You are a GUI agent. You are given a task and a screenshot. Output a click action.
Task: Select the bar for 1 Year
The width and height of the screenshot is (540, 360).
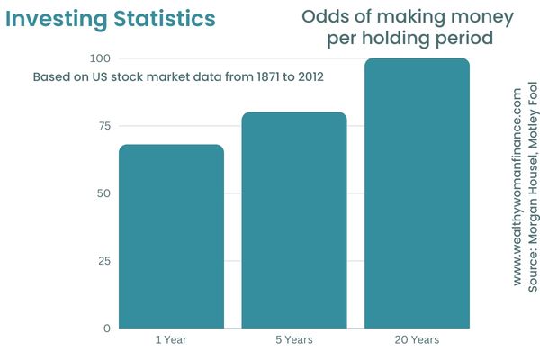(x=172, y=237)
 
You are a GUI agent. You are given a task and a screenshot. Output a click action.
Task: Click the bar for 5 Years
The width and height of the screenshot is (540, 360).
(x=294, y=220)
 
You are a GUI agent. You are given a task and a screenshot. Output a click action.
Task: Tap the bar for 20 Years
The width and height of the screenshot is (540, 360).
(x=417, y=193)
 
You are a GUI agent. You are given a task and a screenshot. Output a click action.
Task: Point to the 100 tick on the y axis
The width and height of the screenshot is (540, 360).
(x=100, y=58)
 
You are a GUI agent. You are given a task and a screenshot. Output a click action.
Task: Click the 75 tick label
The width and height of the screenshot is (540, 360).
(x=104, y=126)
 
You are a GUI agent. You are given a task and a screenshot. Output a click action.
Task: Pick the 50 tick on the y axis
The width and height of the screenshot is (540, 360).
(x=103, y=193)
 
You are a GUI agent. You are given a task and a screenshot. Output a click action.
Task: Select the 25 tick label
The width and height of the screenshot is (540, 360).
(x=104, y=261)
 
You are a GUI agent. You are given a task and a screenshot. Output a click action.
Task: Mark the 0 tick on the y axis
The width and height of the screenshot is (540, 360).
(x=107, y=328)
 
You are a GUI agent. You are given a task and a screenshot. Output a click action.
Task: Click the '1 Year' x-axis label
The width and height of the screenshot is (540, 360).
(x=171, y=340)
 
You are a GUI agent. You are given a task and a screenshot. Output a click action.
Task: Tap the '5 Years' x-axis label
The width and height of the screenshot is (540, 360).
(x=294, y=340)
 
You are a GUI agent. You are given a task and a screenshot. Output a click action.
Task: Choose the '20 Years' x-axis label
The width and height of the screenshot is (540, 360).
(x=417, y=340)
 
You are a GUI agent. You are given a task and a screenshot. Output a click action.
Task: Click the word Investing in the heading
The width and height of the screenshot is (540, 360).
(x=57, y=19)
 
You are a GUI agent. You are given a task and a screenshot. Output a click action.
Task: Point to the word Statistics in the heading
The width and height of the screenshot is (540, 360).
(x=165, y=19)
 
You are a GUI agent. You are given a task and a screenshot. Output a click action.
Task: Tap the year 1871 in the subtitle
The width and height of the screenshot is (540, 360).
(x=268, y=76)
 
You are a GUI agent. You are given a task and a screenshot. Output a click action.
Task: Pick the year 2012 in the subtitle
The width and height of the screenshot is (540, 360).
(x=311, y=76)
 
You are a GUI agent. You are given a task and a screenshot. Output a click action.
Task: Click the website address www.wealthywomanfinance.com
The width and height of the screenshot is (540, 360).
(x=517, y=187)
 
